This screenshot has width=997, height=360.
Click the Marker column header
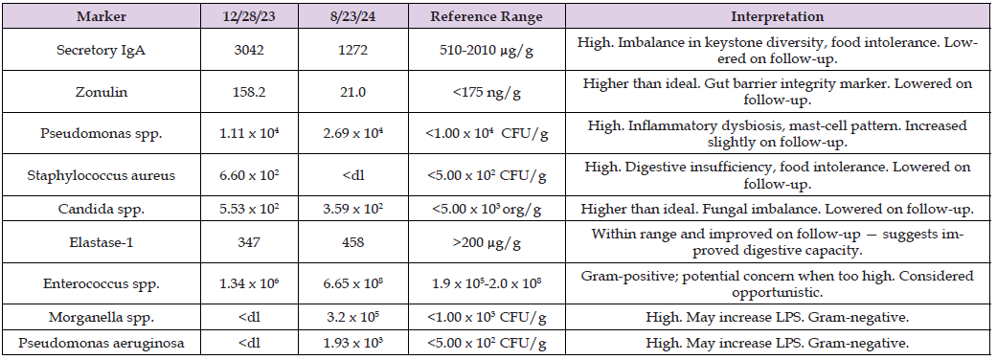click(102, 16)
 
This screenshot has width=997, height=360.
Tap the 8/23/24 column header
click(352, 16)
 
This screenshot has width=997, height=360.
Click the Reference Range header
click(487, 16)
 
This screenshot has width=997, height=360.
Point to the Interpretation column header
click(777, 16)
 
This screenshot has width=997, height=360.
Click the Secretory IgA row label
click(102, 50)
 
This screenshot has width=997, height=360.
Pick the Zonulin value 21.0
click(352, 92)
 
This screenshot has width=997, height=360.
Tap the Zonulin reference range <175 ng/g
click(487, 92)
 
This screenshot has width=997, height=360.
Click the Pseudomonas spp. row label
click(102, 134)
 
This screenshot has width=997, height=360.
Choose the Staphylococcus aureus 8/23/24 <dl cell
click(352, 175)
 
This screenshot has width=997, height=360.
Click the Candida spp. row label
click(102, 210)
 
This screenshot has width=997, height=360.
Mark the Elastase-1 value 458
click(352, 242)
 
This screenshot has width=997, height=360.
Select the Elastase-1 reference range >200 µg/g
click(487, 242)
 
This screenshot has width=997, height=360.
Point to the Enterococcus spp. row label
click(102, 283)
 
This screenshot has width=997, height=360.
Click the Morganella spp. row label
click(102, 317)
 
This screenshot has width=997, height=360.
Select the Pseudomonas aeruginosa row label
click(102, 344)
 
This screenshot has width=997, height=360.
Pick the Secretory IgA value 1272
click(352, 50)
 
